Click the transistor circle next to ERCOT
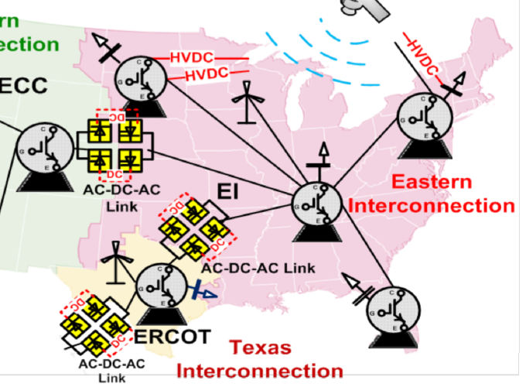point(161,287)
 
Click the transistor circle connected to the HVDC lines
point(142,78)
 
